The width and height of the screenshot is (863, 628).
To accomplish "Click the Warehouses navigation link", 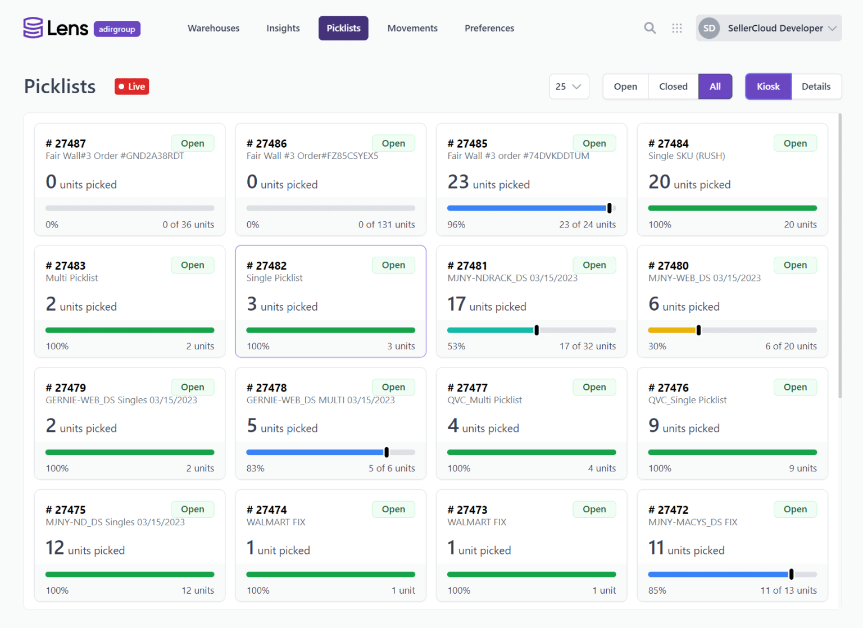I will click(214, 28).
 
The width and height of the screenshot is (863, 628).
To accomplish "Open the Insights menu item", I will click(283, 28).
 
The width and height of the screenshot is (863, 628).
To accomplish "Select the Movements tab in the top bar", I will click(412, 28).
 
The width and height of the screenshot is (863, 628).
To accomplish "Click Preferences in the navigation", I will click(489, 28).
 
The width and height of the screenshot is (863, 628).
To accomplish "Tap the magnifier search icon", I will click(649, 28).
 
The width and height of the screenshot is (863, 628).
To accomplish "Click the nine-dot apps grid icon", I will click(677, 28).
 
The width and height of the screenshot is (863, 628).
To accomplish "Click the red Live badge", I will click(132, 87).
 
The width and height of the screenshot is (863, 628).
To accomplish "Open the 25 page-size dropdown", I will click(569, 87).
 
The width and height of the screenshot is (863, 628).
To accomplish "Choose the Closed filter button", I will click(673, 87).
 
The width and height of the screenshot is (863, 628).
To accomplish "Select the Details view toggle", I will click(816, 87).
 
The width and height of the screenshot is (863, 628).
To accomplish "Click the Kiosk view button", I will click(768, 87).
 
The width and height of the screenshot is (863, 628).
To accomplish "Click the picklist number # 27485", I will click(467, 143).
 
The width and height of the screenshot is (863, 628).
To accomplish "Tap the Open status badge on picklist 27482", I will click(393, 265).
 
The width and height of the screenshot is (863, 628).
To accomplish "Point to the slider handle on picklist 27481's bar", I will click(537, 330).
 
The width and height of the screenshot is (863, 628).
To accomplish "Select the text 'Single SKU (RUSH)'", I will click(687, 156).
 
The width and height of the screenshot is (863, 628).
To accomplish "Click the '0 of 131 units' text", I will click(387, 225).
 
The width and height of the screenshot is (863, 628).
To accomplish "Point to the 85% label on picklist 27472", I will click(657, 590).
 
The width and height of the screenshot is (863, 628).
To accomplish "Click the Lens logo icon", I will click(33, 28).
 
